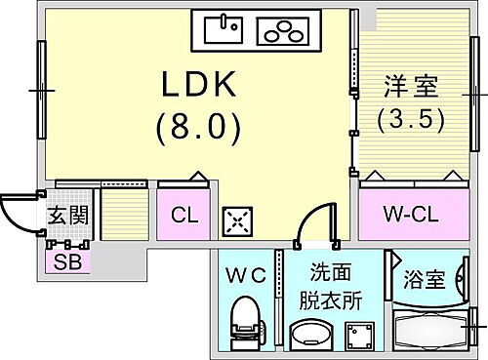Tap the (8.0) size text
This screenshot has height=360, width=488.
pyautogui.click(x=199, y=126)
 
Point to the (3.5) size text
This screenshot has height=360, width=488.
pyautogui.click(x=410, y=121)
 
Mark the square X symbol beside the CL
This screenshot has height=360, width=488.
pyautogui.click(x=238, y=221)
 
